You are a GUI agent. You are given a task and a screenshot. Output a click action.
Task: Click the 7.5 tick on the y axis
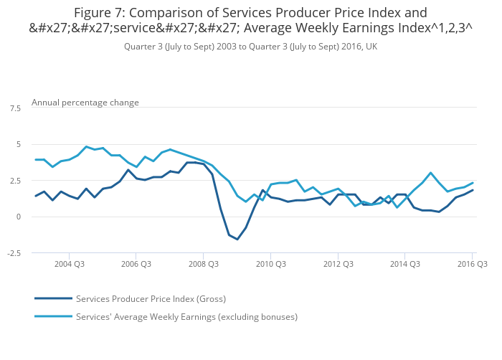15,108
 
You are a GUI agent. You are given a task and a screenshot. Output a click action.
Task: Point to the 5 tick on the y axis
18,144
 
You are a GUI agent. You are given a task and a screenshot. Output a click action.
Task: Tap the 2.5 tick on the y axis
15,181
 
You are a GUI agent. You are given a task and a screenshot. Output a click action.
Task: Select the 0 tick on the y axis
18,217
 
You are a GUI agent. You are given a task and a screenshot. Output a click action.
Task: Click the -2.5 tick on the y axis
14,253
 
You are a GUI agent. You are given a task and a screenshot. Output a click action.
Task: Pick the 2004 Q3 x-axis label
69,264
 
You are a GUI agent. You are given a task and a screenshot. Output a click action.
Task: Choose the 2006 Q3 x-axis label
136,264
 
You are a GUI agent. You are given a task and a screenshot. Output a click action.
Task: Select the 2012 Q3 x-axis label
338,264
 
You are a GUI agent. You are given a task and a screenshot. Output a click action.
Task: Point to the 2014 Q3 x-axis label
405,264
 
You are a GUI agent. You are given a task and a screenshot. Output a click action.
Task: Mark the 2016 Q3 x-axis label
472,264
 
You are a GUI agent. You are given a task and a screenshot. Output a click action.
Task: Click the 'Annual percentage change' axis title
85,103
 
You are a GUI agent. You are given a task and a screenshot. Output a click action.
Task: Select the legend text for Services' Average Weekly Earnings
186,316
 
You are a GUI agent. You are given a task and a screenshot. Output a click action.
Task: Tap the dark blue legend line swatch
53,298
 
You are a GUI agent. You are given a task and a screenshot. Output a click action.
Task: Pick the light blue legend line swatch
53,316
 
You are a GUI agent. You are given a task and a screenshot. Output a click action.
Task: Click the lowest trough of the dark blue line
237,240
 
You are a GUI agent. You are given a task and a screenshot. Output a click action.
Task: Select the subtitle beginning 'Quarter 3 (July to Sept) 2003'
250,47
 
